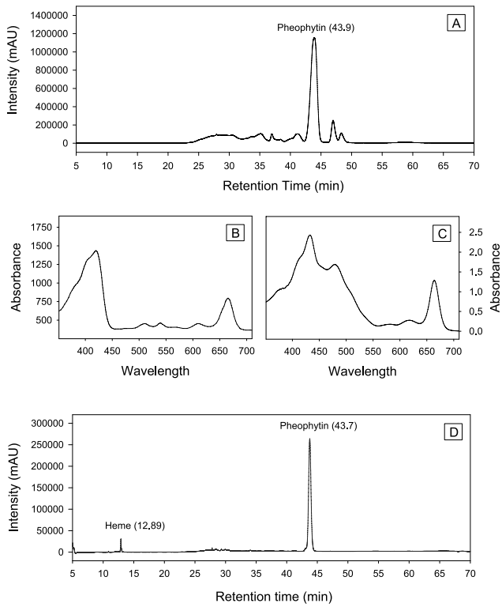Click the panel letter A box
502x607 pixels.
point(455,24)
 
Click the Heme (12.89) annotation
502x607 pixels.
point(136,525)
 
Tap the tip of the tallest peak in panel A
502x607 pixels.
point(314,38)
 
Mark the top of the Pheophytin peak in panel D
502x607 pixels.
point(309,439)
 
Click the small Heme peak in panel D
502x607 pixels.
point(121,540)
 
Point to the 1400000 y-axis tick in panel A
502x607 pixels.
point(49,15)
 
